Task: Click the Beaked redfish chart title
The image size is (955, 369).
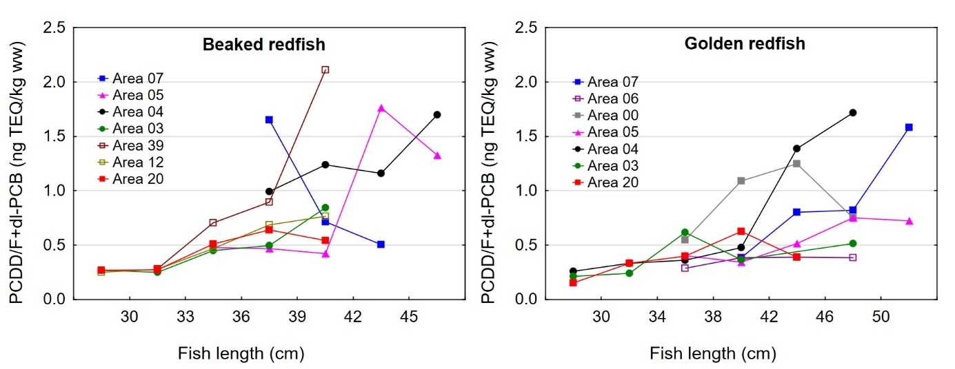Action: tap(263, 45)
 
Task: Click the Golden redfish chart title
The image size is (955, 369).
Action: tap(744, 44)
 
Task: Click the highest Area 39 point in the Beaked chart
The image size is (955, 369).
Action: tap(325, 70)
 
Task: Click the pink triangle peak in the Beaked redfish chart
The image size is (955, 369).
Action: tap(381, 108)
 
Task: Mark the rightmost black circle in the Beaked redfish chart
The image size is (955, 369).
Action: tap(437, 114)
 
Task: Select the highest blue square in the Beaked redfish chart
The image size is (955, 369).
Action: tap(269, 120)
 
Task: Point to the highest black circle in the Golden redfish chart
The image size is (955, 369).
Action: tap(853, 112)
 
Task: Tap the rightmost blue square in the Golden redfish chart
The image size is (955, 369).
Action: tap(909, 127)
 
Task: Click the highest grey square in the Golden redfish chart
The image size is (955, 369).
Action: tap(796, 163)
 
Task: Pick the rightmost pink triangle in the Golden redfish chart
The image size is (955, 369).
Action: tap(909, 221)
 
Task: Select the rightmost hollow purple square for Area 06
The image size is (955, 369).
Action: tap(853, 257)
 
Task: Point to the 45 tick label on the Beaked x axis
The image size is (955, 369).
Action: tap(410, 317)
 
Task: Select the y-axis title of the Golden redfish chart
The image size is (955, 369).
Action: tap(490, 164)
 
